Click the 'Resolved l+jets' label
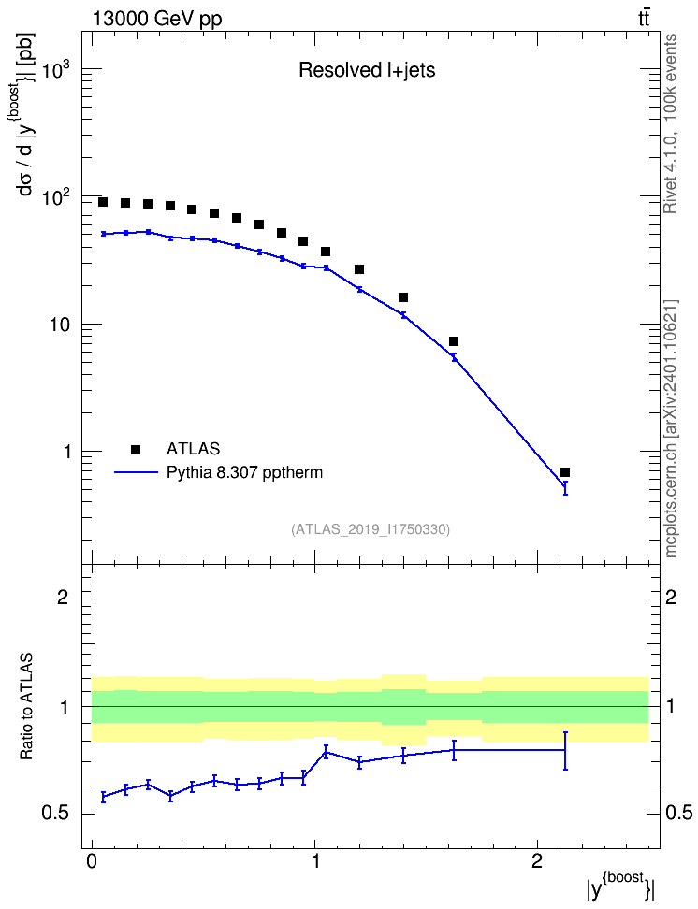pyautogui.click(x=367, y=71)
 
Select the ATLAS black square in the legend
pyautogui.click(x=136, y=449)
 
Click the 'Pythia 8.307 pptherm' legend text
pyautogui.click(x=244, y=473)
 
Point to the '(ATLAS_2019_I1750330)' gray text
pyautogui.click(x=371, y=528)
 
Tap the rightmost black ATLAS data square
pyautogui.click(x=565, y=472)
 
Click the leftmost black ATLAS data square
pyautogui.click(x=103, y=202)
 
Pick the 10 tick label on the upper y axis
pyautogui.click(x=59, y=325)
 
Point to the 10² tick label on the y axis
pyautogui.click(x=57, y=196)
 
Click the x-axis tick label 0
pyautogui.click(x=92, y=861)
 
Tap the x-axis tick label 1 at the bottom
pyautogui.click(x=315, y=861)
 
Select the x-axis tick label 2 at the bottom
pyautogui.click(x=537, y=861)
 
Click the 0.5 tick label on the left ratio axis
pyautogui.click(x=55, y=814)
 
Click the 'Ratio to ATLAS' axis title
pyautogui.click(x=26, y=706)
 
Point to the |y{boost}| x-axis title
pyautogui.click(x=619, y=886)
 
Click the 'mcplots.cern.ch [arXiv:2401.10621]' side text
pyautogui.click(x=671, y=429)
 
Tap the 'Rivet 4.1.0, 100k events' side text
pyautogui.click(x=671, y=123)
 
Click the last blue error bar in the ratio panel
pyautogui.click(x=565, y=751)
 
